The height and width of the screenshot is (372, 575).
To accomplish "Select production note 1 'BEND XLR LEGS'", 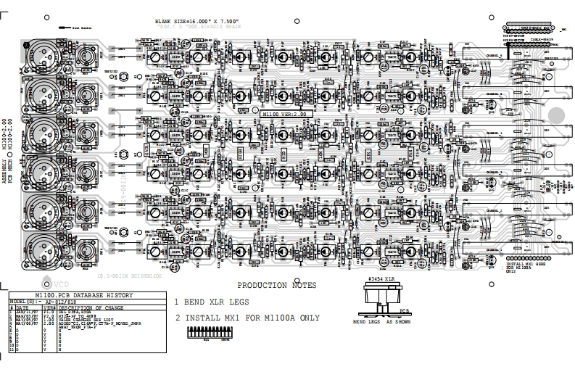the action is (x=211, y=302).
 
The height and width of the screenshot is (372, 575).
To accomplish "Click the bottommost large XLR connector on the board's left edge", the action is (x=38, y=250).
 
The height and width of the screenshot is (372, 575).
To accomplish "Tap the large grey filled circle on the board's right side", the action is (x=556, y=115).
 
